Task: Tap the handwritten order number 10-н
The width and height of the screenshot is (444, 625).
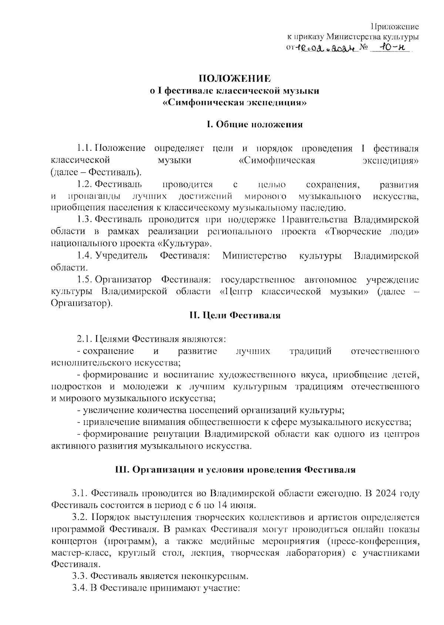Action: point(390,48)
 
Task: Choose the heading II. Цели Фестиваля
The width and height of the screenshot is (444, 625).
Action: point(235,315)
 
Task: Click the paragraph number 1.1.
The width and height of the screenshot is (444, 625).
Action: point(84,149)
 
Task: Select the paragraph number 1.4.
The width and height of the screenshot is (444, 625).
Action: point(85,256)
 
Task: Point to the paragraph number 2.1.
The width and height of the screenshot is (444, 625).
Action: point(84,339)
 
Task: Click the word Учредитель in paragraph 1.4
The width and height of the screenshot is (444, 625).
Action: point(121,256)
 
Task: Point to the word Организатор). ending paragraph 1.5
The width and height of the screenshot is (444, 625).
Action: point(82,303)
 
